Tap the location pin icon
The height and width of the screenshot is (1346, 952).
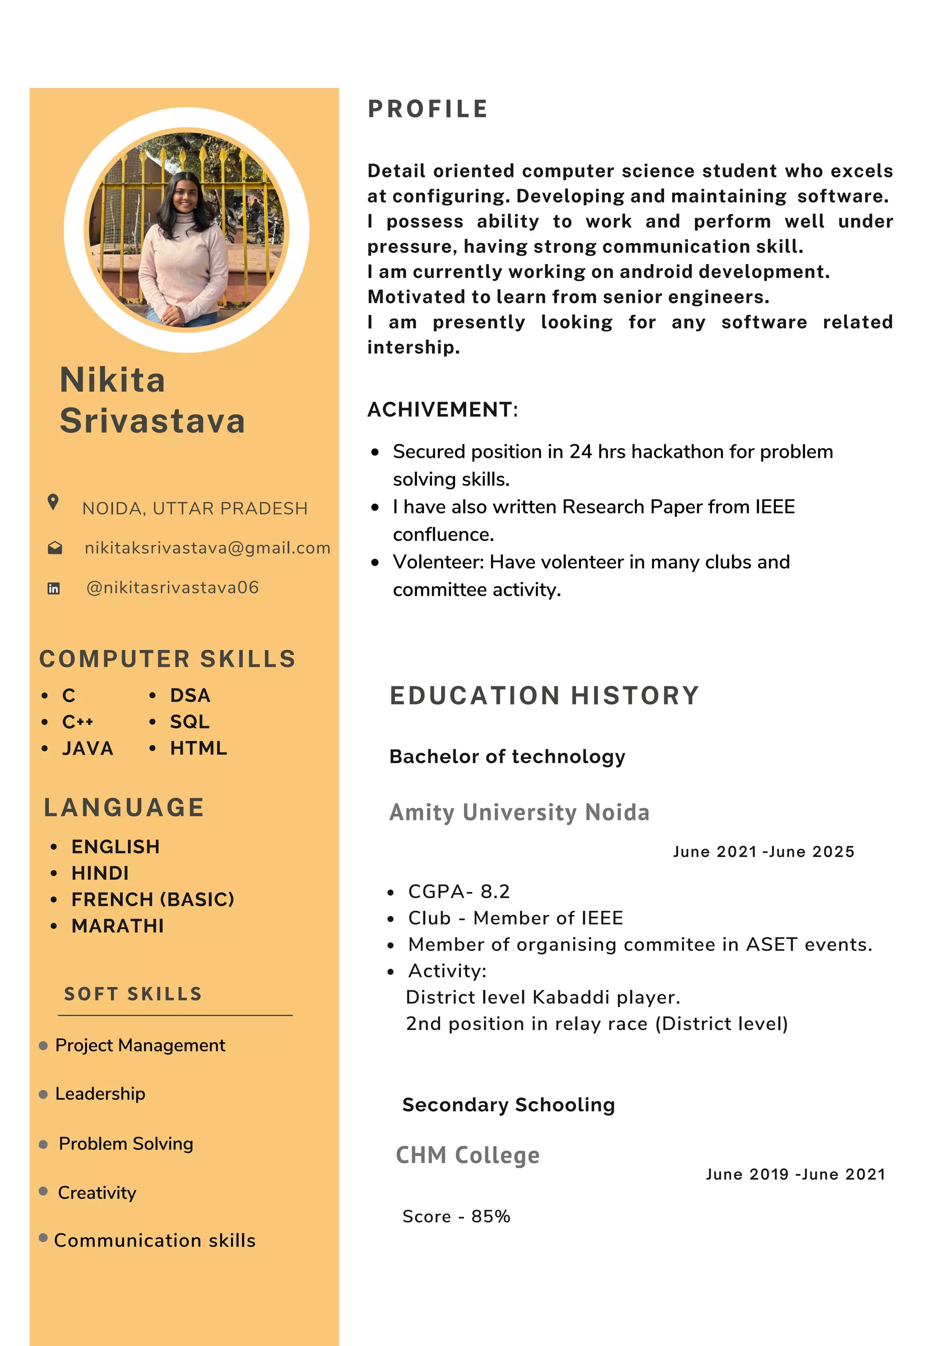click(x=53, y=502)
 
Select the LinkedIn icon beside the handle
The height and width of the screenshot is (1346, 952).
click(x=53, y=588)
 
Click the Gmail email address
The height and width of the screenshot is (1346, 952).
click(x=207, y=548)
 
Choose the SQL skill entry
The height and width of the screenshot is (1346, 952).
click(x=189, y=722)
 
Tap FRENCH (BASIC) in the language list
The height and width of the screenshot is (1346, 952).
click(x=152, y=899)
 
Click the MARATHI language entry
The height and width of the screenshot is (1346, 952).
click(x=117, y=926)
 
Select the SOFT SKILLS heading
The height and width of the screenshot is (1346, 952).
click(x=132, y=994)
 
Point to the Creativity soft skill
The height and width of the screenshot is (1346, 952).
click(x=97, y=1193)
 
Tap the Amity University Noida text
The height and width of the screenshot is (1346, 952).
click(x=519, y=812)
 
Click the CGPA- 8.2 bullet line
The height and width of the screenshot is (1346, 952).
click(x=458, y=891)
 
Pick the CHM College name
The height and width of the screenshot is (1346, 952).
click(x=467, y=1155)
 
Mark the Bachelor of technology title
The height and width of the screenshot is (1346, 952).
click(x=507, y=756)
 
